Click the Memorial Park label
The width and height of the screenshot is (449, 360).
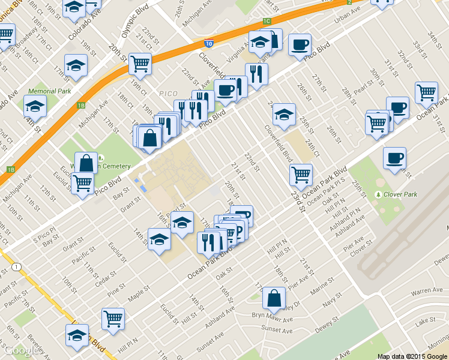point(49,91)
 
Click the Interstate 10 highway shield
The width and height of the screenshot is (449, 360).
point(208,43)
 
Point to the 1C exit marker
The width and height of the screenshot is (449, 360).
point(266,22)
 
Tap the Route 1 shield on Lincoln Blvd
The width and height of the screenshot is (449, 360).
point(16,266)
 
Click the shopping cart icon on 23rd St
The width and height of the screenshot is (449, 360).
point(300,174)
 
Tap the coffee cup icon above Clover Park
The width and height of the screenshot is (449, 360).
point(394,158)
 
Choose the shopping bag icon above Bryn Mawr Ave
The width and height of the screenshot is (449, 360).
point(274,297)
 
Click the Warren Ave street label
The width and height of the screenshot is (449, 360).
point(428,290)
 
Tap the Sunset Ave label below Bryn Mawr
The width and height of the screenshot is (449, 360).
point(280,331)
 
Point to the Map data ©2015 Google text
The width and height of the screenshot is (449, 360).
point(412,356)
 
